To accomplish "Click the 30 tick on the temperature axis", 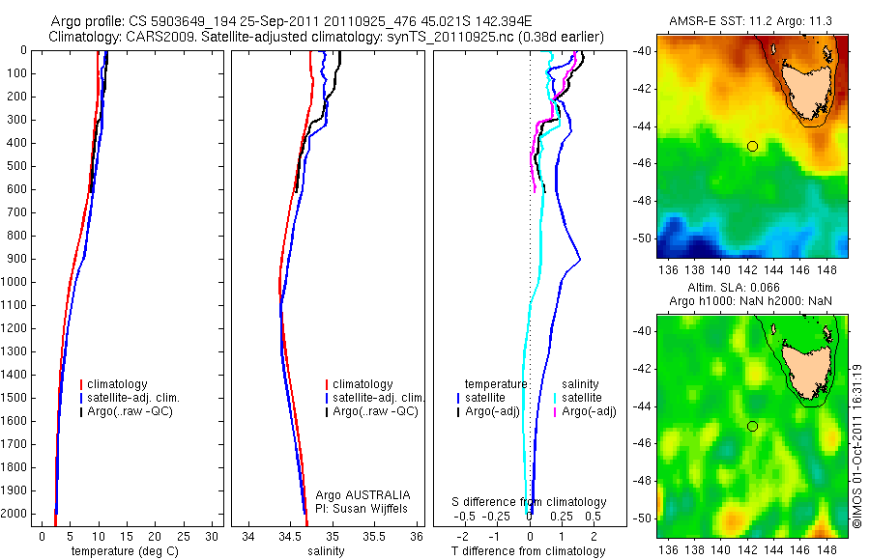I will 212,535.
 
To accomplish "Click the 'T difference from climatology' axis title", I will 529,551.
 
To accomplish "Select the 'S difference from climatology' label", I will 530,502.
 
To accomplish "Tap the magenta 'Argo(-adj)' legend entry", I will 590,411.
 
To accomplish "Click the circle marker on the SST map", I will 752,146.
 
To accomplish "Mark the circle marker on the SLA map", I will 752,426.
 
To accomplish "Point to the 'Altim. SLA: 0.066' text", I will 751,289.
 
